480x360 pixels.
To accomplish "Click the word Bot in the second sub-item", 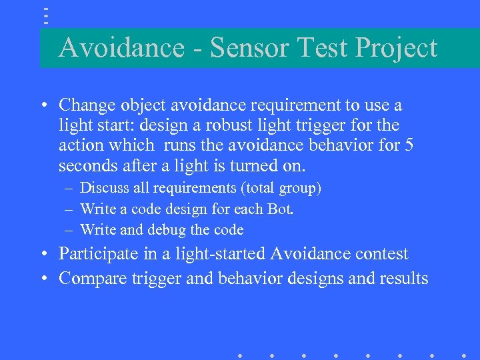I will (x=281, y=209).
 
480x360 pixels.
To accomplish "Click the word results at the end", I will (x=404, y=278).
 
